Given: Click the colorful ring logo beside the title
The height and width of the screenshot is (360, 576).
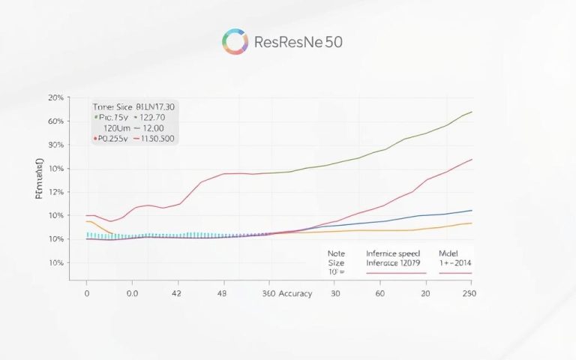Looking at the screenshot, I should tap(235, 42).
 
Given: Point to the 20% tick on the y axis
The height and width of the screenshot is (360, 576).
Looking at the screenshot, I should tap(55, 97).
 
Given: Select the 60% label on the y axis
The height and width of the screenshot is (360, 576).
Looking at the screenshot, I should tap(55, 121).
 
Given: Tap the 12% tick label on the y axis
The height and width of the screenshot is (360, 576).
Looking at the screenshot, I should tap(55, 192).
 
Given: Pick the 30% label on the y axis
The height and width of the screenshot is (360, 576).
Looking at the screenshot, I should tap(55, 145).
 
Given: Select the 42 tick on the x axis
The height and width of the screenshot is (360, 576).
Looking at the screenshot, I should tap(178, 293).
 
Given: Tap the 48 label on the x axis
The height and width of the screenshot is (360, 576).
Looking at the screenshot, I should tap(223, 293).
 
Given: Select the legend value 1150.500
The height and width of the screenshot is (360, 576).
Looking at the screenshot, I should tap(159, 139).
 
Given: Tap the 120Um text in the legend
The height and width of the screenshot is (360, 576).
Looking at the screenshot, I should tap(110, 128).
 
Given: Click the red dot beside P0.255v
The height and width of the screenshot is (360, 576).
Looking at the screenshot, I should tap(95, 139).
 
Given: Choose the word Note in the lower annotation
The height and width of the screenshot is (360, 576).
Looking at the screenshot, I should tap(335, 253).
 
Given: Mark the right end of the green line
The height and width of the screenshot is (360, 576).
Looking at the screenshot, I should tap(472, 112).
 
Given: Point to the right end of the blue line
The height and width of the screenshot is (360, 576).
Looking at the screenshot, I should tap(472, 210).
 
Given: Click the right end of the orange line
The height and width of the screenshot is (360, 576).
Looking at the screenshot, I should tap(472, 223).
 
